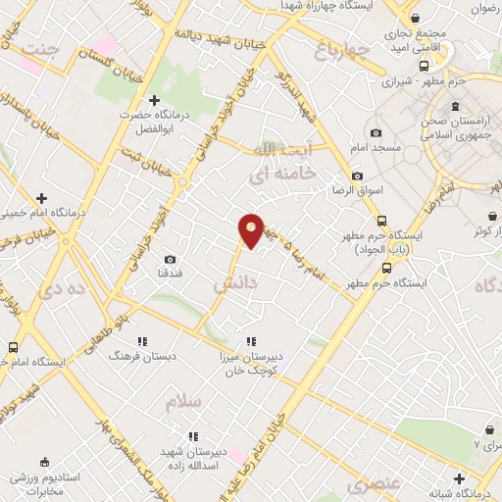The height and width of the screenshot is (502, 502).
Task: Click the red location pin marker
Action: coord(252,230)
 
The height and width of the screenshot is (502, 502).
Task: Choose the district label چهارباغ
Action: coord(343,48)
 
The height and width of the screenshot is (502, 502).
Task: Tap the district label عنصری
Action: coord(372,484)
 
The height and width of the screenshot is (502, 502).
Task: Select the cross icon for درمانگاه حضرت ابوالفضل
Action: coord(154,99)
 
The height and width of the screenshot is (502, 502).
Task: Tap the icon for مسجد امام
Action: coord(376,132)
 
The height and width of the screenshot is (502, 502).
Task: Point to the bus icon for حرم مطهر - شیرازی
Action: coord(423,67)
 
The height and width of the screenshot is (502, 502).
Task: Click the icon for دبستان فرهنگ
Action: coord(143,341)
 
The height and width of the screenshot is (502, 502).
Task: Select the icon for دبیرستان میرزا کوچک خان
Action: coord(252,341)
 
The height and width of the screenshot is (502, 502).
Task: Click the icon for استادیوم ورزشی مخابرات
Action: coord(44,461)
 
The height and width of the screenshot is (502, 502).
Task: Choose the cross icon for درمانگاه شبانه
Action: coord(459,477)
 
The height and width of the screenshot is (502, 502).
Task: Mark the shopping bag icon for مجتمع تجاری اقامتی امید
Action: coord(416,19)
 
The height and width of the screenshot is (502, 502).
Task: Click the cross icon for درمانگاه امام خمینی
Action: coord(41,197)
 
